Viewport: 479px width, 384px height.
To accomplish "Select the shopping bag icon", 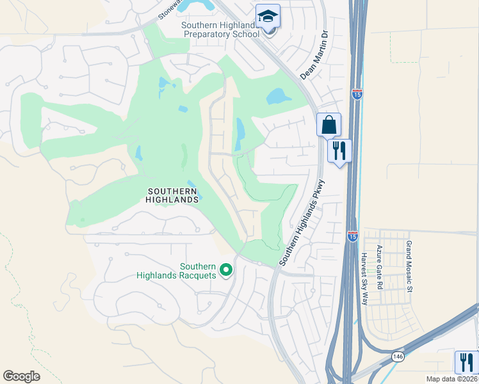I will (329, 125).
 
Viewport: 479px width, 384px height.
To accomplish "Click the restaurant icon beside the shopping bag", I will (339, 151).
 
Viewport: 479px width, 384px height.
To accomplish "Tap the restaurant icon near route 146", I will (466, 362).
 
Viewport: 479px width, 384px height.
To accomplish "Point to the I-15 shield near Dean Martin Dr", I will (357, 94).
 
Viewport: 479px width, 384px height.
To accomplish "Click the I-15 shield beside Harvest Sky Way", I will (352, 236).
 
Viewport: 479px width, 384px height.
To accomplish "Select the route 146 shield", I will (398, 356).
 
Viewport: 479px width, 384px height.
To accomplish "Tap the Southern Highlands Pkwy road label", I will (303, 223).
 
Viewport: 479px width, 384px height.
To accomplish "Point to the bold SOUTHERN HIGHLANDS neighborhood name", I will (173, 195).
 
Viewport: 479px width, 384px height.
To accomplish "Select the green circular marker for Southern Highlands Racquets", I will (225, 271).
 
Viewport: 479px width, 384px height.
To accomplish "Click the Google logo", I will (22, 376).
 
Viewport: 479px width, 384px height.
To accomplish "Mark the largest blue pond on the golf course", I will (279, 96).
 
